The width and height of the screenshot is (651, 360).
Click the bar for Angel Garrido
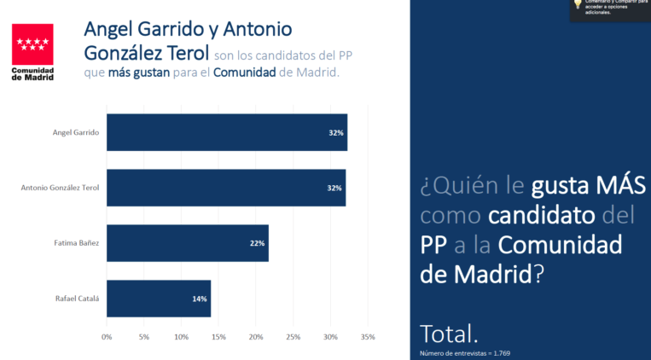[x=226, y=132]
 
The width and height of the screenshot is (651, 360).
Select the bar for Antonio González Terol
[x=225, y=188]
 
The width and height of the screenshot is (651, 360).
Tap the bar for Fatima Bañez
[x=187, y=243]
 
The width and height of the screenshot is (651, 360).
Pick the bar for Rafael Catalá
[x=158, y=299]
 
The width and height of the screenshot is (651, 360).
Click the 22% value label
[x=257, y=243]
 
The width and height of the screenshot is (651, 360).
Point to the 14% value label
[x=200, y=299]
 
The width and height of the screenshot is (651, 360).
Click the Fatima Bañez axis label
[x=77, y=243]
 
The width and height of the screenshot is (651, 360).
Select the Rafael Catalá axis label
[x=78, y=299]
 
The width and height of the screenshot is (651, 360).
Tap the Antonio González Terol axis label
[x=60, y=188]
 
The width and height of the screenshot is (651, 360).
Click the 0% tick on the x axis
[x=107, y=337]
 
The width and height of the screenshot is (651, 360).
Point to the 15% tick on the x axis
[x=218, y=337]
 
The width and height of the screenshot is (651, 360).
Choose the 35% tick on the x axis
[x=369, y=337]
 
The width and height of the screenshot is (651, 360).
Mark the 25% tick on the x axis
[x=294, y=337]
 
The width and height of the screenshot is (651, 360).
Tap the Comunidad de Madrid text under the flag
[x=32, y=73]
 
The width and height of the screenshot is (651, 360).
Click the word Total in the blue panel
[x=449, y=334]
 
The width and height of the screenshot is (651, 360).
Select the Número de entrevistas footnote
[x=465, y=352]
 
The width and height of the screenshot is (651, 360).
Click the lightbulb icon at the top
[x=578, y=5]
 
